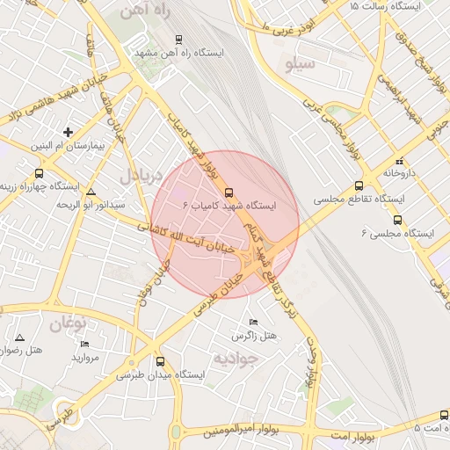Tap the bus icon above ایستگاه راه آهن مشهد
(179, 40)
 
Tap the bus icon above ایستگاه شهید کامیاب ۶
(229, 192)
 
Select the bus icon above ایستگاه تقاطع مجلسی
(359, 186)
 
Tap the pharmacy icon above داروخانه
(400, 161)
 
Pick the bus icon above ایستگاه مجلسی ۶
(398, 221)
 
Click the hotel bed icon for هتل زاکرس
(254, 323)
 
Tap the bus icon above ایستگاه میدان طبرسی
(160, 361)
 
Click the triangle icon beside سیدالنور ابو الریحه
(91, 191)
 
